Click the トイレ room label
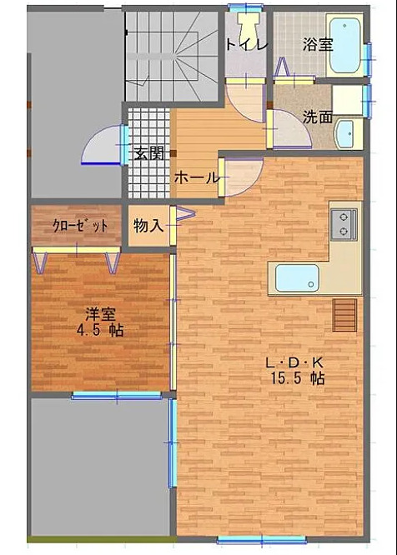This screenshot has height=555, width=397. point(246,44)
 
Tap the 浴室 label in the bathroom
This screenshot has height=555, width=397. point(318,44)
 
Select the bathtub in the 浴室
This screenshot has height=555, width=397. point(345,45)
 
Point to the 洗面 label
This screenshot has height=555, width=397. point(318,117)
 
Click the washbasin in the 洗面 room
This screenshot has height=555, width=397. point(344,134)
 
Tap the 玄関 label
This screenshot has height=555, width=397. point(149,153)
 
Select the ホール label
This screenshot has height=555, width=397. point(197,177)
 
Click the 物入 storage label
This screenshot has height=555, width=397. point(148,226)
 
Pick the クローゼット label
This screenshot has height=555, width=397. point(80,226)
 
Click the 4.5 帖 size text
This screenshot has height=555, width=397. point(100,330)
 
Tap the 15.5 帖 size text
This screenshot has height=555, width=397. point(298,378)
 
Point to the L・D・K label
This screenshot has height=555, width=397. point(294,362)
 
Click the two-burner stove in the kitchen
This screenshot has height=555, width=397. point(344,224)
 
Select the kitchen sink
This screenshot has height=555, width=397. point(297,278)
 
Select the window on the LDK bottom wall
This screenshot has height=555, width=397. point(262,539)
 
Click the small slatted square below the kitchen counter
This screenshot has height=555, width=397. point(344,315)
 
